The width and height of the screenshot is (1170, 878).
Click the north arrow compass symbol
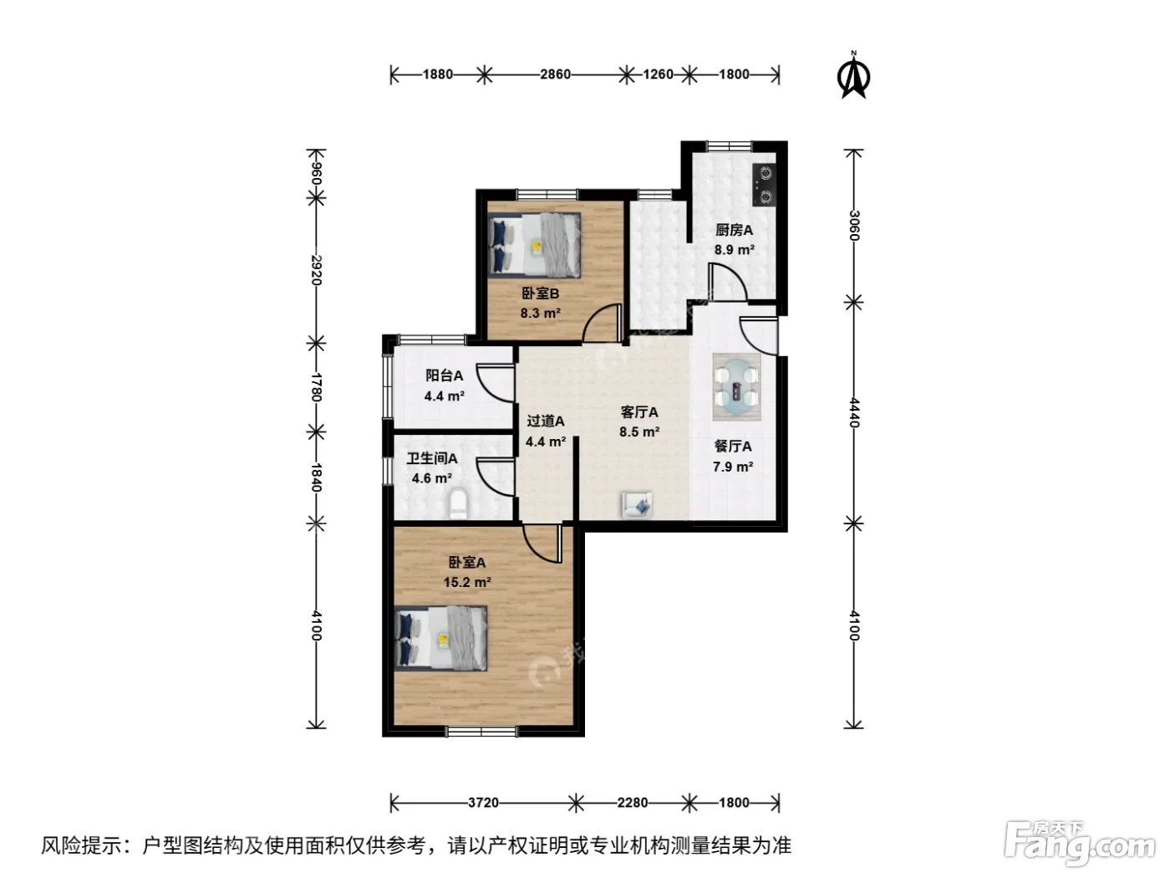pyautogui.click(x=853, y=76)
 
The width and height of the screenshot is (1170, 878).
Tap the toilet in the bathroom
pyautogui.click(x=458, y=503)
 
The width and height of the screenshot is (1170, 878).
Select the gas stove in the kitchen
pyautogui.click(x=764, y=185)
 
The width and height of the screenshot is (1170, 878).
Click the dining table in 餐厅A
pyautogui.click(x=736, y=386)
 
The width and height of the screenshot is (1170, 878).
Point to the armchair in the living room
pyautogui.click(x=637, y=504)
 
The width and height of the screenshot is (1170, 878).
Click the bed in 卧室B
pyautogui.click(x=534, y=245)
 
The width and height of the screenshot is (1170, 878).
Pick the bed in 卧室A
pyautogui.click(x=440, y=637)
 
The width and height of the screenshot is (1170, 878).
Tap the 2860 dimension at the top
pyautogui.click(x=555, y=74)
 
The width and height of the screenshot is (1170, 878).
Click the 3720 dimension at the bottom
pyautogui.click(x=483, y=802)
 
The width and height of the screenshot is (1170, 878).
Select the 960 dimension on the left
pyautogui.click(x=316, y=174)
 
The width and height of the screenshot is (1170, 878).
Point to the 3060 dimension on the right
pyautogui.click(x=854, y=226)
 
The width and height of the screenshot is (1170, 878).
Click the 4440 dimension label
pyautogui.click(x=854, y=412)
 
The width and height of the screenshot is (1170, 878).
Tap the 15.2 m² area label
pyautogui.click(x=467, y=582)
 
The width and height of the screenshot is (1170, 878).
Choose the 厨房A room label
pyautogui.click(x=734, y=230)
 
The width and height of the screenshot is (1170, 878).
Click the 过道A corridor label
pyautogui.click(x=545, y=421)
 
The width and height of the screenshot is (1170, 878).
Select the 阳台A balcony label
pyautogui.click(x=444, y=375)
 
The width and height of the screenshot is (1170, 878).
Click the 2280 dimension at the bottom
pyautogui.click(x=632, y=802)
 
